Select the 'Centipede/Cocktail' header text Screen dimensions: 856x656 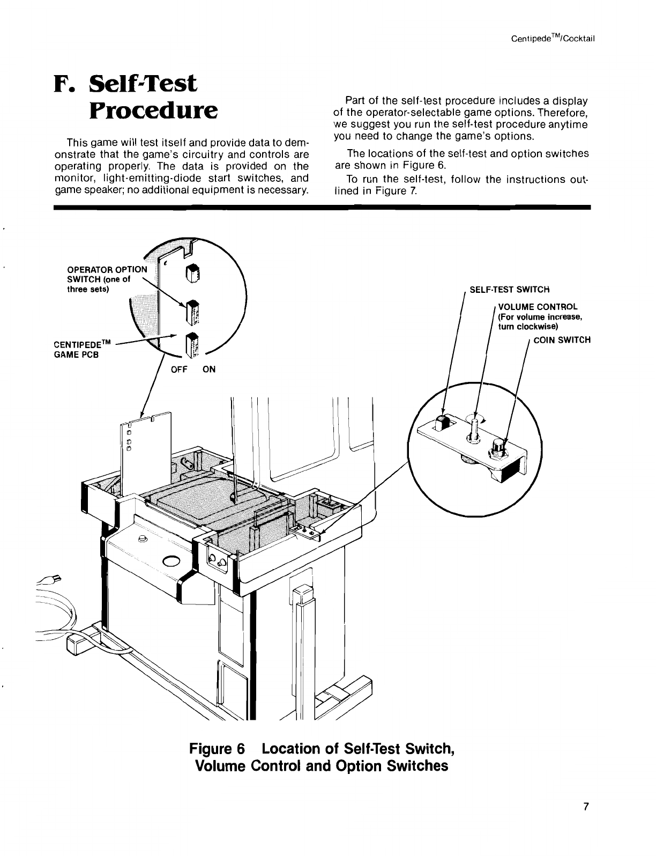pyautogui.click(x=554, y=39)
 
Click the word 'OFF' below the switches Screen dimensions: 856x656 pyautogui.click(x=179, y=370)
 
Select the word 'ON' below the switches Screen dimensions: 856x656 pyautogui.click(x=209, y=370)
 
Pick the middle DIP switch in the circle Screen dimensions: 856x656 pyautogui.click(x=192, y=311)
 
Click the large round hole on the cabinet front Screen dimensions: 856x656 pyautogui.click(x=172, y=562)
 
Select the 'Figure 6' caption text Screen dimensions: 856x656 pyautogui.click(x=218, y=748)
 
